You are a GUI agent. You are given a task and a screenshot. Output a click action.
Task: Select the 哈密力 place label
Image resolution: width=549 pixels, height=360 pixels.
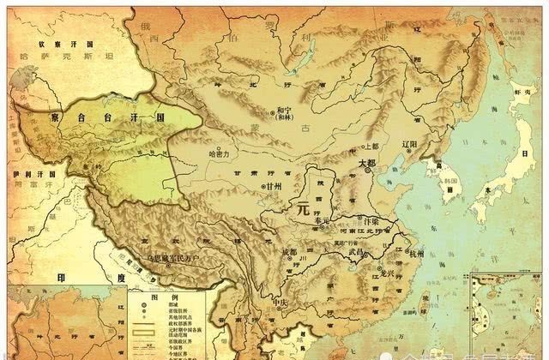click(x=219, y=155)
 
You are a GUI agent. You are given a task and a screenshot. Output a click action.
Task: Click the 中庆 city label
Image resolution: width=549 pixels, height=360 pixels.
click(x=278, y=303)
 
